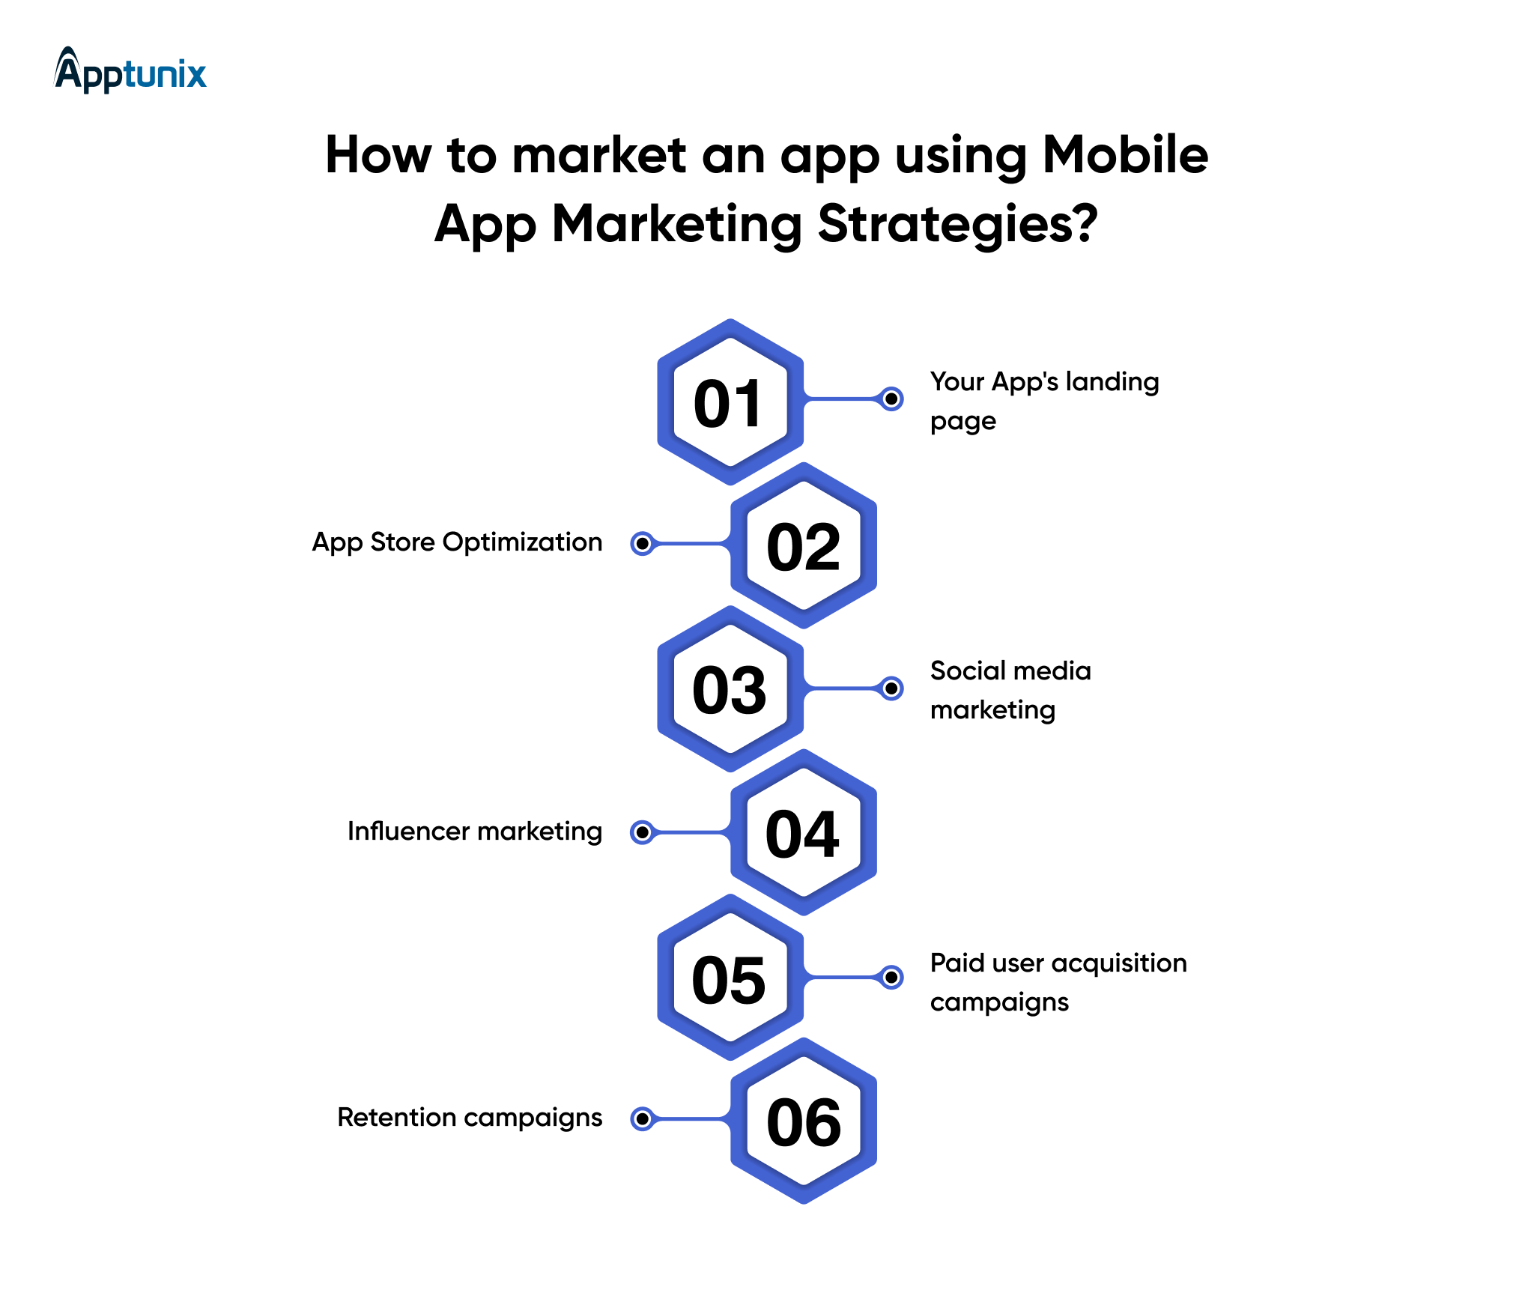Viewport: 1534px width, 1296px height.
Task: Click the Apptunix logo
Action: pyautogui.click(x=130, y=70)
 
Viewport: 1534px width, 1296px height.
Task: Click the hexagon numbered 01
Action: pyautogui.click(x=730, y=402)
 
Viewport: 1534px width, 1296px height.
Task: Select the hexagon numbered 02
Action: pyautogui.click(x=804, y=545)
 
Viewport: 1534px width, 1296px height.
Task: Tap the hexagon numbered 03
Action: pyautogui.click(x=730, y=689)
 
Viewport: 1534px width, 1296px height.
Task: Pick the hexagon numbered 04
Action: pyautogui.click(x=804, y=832)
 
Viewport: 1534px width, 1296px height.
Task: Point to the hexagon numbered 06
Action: pyautogui.click(x=804, y=1121)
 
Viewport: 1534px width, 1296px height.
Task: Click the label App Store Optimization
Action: pyautogui.click(x=457, y=542)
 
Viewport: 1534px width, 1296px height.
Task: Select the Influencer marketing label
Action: pyautogui.click(x=475, y=832)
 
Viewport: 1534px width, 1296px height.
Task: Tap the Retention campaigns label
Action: pyautogui.click(x=470, y=1118)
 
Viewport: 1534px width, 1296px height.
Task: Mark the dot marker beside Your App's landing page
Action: pyautogui.click(x=891, y=399)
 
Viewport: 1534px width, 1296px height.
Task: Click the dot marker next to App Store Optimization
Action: pyautogui.click(x=643, y=543)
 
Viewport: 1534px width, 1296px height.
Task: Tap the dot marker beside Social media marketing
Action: pyautogui.click(x=891, y=688)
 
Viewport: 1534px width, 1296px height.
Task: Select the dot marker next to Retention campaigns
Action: pyautogui.click(x=643, y=1118)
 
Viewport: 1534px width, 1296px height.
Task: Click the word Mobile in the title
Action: pyautogui.click(x=1126, y=155)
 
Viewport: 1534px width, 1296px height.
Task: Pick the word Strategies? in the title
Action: pyautogui.click(x=958, y=225)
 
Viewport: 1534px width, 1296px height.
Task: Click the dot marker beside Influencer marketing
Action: pyautogui.click(x=643, y=832)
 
